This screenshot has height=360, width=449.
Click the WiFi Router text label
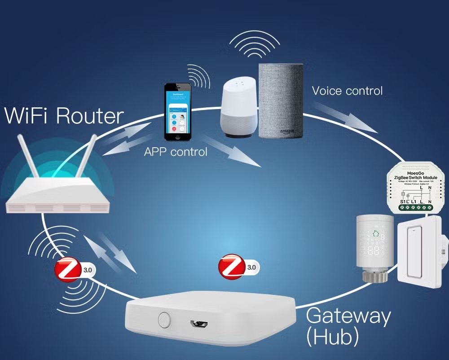(64, 116)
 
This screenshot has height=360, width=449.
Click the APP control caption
(176, 152)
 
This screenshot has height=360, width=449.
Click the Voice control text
(347, 91)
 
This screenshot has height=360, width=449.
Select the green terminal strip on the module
(416, 207)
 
